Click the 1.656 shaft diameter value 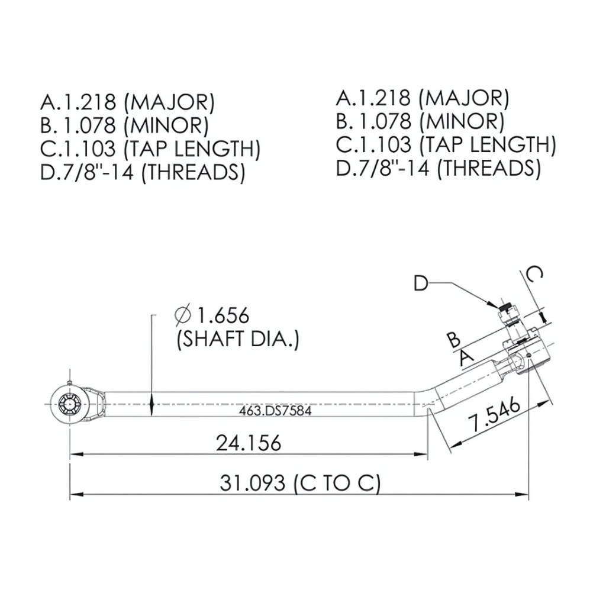223,315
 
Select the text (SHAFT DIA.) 238,340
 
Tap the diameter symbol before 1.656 183,315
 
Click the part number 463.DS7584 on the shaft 275,410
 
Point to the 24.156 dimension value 249,442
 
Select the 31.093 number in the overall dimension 253,483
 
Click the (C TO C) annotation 336,483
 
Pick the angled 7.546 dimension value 494,415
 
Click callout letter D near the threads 420,283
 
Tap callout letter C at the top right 534,275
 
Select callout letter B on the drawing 453,340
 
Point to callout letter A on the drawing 466,356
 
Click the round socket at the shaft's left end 70,404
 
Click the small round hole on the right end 528,356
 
